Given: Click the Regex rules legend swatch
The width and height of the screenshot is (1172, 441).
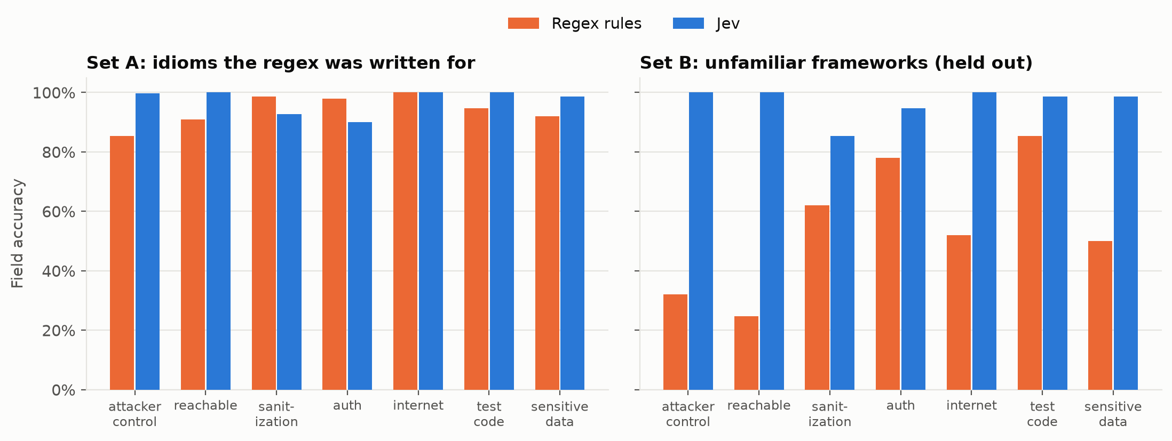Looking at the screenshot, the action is click(x=523, y=23).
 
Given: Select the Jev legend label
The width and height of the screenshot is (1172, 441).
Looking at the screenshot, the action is click(x=728, y=23).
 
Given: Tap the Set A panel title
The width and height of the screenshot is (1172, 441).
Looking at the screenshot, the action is click(x=281, y=63).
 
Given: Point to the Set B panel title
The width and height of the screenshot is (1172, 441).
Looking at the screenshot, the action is click(x=836, y=63).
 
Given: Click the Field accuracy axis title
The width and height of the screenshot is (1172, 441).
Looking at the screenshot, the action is click(x=18, y=234).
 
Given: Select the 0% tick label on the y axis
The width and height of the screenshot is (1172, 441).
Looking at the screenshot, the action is click(x=64, y=390).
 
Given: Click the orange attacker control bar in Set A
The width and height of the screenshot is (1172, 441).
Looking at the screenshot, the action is click(x=122, y=263).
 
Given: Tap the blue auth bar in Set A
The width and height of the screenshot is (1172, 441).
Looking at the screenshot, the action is click(x=360, y=256).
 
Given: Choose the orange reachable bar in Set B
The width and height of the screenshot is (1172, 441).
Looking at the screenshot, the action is click(x=746, y=353).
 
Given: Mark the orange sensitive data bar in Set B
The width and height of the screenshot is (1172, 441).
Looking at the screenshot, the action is click(x=1100, y=315).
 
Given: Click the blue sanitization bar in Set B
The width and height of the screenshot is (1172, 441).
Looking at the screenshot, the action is click(x=842, y=263).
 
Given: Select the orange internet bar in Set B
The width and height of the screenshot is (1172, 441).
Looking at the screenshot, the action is click(x=959, y=312).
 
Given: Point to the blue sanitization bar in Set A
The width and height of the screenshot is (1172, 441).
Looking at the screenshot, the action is click(x=289, y=252).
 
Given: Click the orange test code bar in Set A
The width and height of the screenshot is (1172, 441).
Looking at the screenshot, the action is click(x=476, y=249).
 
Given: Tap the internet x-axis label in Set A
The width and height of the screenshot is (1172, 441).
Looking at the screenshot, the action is click(x=418, y=406).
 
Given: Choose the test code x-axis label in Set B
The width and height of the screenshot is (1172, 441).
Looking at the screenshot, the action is click(x=1042, y=414).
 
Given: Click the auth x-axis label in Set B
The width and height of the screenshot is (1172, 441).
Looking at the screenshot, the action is click(x=900, y=406).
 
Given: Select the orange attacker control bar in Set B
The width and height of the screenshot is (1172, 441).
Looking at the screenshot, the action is click(x=675, y=342).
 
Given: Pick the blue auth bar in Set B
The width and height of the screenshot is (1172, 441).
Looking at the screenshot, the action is click(x=913, y=249).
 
